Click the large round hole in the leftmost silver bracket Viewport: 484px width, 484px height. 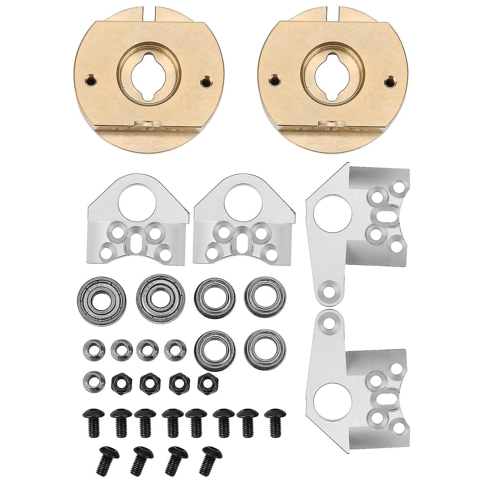coord(138,206)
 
